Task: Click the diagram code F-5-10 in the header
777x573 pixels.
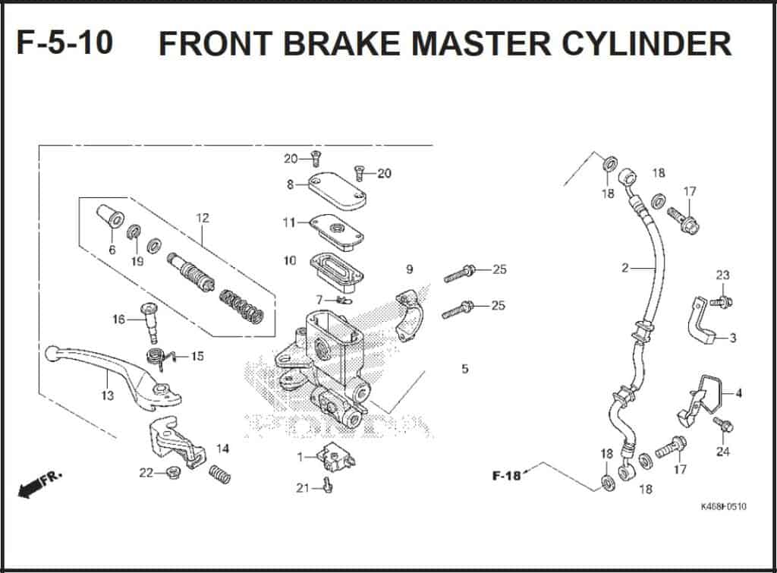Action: tap(64, 43)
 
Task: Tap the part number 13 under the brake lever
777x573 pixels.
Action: tap(107, 395)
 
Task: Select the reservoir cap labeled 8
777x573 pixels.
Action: tap(337, 193)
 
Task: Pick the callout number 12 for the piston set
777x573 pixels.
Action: tap(202, 218)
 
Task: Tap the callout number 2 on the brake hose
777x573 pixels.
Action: tap(624, 268)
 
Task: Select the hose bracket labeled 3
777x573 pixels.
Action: tap(704, 323)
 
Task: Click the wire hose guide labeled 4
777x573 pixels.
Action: tap(698, 400)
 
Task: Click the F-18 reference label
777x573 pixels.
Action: tap(506, 476)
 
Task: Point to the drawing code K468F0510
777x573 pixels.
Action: tap(722, 506)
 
